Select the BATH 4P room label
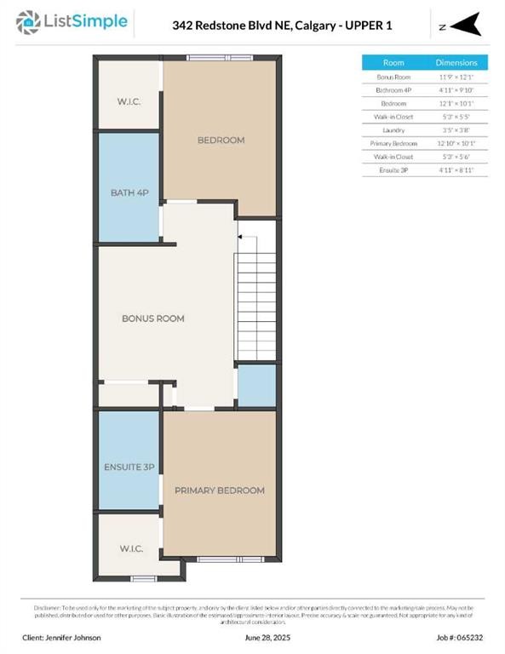point(129,192)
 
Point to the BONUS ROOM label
point(153,318)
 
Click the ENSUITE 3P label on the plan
point(129,467)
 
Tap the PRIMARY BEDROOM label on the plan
point(219,490)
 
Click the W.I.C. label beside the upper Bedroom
point(129,101)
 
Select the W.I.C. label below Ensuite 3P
point(129,548)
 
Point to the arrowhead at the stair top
point(241,238)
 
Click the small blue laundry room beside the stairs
point(256,386)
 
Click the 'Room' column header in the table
point(393,63)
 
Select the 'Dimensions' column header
point(456,63)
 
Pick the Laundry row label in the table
point(393,129)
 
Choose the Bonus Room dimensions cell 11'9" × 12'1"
point(456,77)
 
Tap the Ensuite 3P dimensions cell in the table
point(456,169)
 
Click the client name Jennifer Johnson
point(61,637)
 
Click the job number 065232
point(452,637)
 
